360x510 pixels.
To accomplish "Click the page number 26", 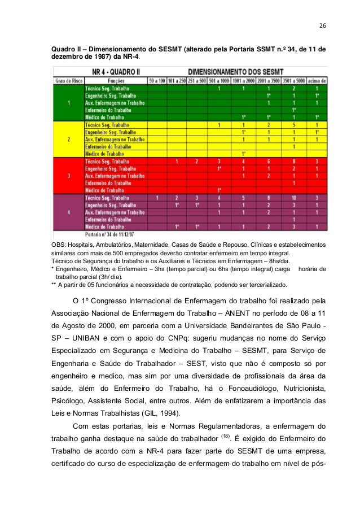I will [322, 25].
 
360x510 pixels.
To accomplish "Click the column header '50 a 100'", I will [156, 81].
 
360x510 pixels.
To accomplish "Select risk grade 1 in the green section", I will [68, 103].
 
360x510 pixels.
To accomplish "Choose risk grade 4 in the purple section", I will [68, 212].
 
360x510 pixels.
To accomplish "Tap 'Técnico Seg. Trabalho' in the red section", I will [107, 161].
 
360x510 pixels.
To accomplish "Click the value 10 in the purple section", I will [293, 198].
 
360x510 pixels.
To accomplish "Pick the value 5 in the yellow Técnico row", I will [293, 124].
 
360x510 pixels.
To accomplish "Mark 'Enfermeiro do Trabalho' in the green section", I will [108, 110].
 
